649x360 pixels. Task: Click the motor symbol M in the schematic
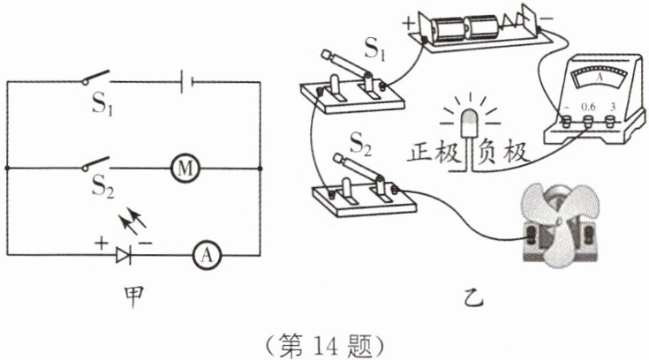coord(185,168)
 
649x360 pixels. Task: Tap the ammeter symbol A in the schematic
coord(207,255)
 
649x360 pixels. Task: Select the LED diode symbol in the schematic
coord(124,255)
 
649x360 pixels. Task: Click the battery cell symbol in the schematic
coord(186,81)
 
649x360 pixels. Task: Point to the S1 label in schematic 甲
coord(102,103)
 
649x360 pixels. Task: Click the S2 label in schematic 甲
coord(102,186)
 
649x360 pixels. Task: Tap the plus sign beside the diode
coord(101,243)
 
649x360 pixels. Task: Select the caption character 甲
coord(133,296)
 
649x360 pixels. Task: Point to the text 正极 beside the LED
coord(434,152)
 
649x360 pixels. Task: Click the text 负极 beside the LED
coord(503,152)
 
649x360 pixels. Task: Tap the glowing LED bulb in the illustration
coord(470,123)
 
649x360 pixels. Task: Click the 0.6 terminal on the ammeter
coord(588,121)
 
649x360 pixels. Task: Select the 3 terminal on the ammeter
coord(609,121)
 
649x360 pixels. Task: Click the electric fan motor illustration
coord(559,227)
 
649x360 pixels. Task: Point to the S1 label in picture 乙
coord(375,49)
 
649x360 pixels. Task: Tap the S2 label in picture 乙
coord(360,144)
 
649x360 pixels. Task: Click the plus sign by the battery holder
coord(409,23)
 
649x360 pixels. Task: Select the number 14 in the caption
coord(326,346)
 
